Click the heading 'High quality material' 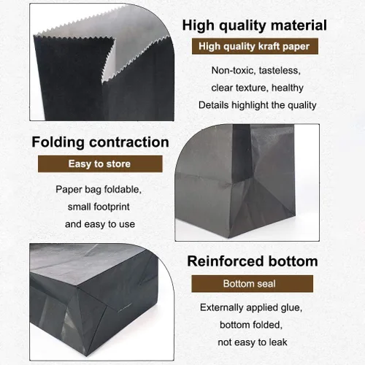point(254,26)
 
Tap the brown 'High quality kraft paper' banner point(255,46)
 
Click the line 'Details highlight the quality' point(258,105)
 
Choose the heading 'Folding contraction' point(100,142)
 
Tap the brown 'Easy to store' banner point(100,164)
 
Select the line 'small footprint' point(99,207)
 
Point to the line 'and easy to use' point(100,224)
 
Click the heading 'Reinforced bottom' point(253,261)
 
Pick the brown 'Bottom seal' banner point(253,284)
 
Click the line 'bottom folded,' point(251,325)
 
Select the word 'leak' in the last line point(278,342)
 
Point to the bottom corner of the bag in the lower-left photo point(87,356)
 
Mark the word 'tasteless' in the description point(280,71)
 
